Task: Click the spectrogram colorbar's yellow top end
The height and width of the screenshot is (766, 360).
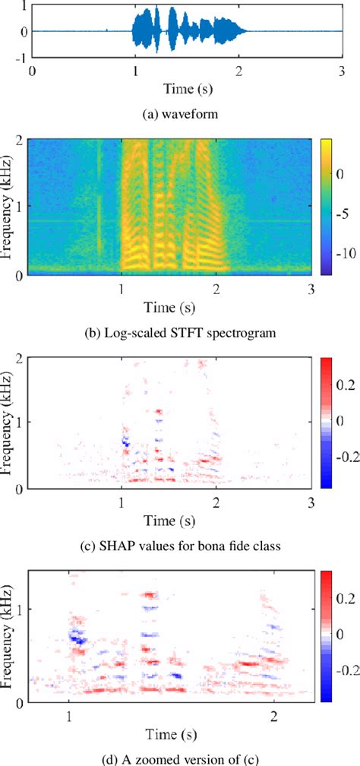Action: (328, 144)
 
